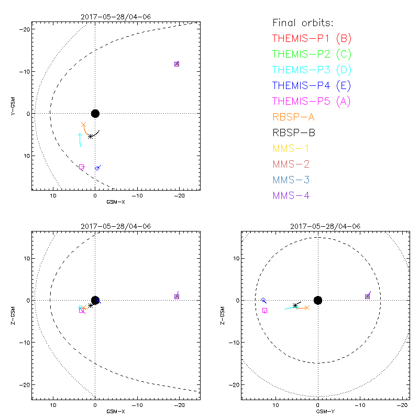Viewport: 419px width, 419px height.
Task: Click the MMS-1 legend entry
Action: click(x=290, y=148)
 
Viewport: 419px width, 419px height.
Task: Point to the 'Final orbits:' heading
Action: click(x=303, y=23)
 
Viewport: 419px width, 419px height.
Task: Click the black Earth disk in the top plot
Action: click(x=95, y=114)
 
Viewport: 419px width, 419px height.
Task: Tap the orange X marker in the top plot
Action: click(x=84, y=125)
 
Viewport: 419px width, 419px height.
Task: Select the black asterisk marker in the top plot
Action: click(x=91, y=136)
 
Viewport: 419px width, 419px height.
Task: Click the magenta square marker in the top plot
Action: click(x=81, y=167)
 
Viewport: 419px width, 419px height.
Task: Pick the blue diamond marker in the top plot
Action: click(x=97, y=168)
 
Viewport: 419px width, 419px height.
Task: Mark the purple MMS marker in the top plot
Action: click(x=177, y=64)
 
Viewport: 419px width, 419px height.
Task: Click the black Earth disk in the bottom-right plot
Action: click(x=317, y=300)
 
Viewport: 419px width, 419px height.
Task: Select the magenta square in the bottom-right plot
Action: click(x=264, y=311)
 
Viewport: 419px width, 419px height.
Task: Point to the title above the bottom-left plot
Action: click(x=116, y=226)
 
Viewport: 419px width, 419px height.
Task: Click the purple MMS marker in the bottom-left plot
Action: click(x=177, y=296)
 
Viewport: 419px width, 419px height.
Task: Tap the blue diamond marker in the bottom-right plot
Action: click(x=263, y=300)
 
